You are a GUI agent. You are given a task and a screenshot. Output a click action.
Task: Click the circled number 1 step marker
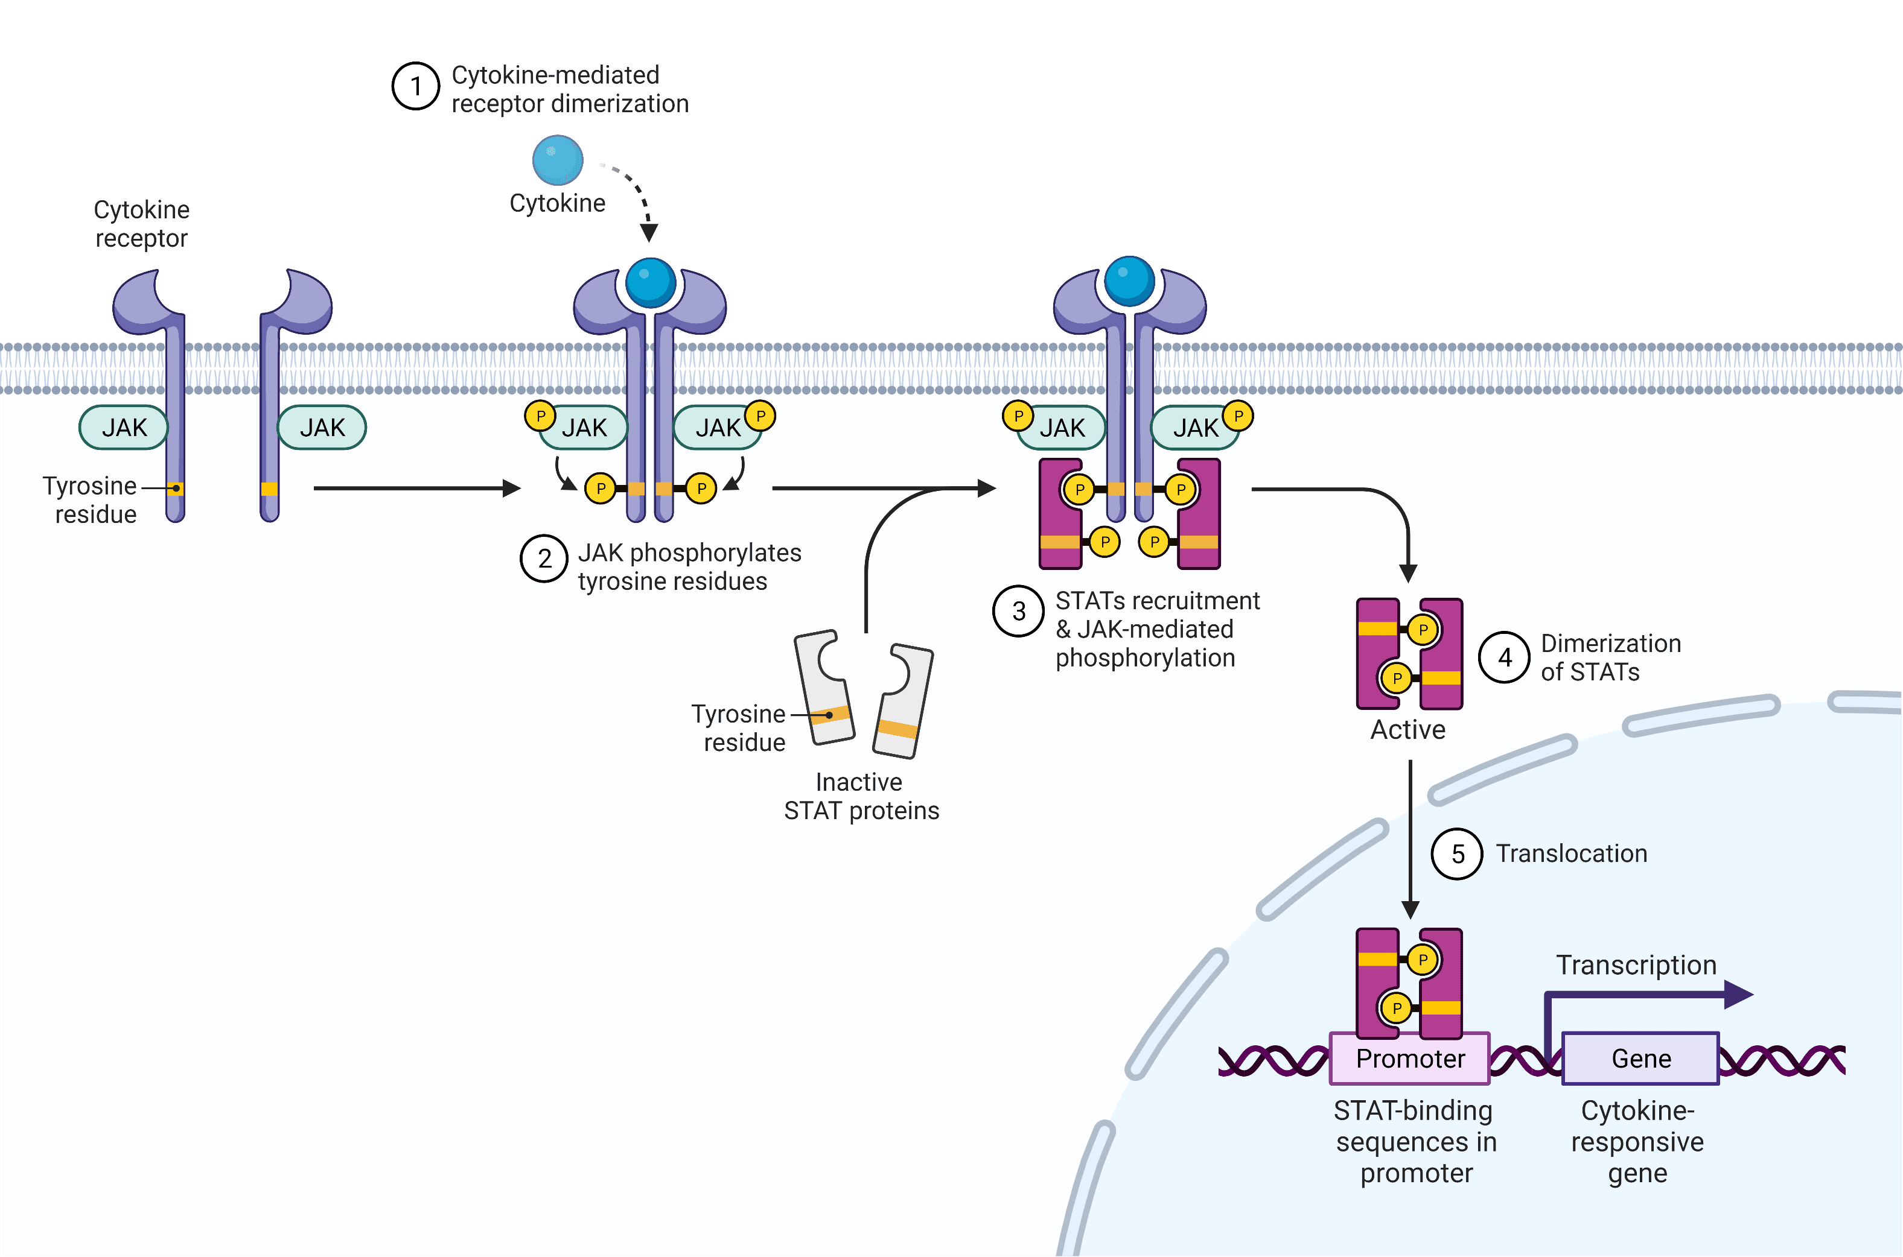[415, 87]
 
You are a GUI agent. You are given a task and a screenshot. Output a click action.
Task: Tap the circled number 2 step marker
[544, 559]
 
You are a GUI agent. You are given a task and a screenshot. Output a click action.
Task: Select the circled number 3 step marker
[1018, 611]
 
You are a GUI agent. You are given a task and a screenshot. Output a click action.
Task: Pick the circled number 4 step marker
[1505, 657]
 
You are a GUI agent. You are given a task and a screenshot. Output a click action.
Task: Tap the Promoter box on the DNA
[1410, 1058]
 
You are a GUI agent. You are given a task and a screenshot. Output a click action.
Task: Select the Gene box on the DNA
[1641, 1058]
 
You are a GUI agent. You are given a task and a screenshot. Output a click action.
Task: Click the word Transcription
[1636, 965]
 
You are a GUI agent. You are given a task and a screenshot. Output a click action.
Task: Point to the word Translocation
[1571, 853]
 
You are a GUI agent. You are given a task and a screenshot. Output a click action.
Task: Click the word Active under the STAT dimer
[1407, 729]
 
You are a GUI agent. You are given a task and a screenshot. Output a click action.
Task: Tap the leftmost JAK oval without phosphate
[124, 427]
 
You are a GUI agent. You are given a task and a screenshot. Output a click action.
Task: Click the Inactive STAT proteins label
[861, 796]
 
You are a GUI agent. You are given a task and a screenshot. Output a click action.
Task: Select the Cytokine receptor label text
[142, 224]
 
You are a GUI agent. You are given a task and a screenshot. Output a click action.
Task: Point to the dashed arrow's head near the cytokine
[649, 232]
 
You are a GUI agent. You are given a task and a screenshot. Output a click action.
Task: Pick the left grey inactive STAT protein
[824, 688]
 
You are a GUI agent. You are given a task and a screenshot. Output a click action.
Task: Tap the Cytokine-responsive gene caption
[1637, 1142]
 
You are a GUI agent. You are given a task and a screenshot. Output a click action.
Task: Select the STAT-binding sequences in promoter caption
[1415, 1142]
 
